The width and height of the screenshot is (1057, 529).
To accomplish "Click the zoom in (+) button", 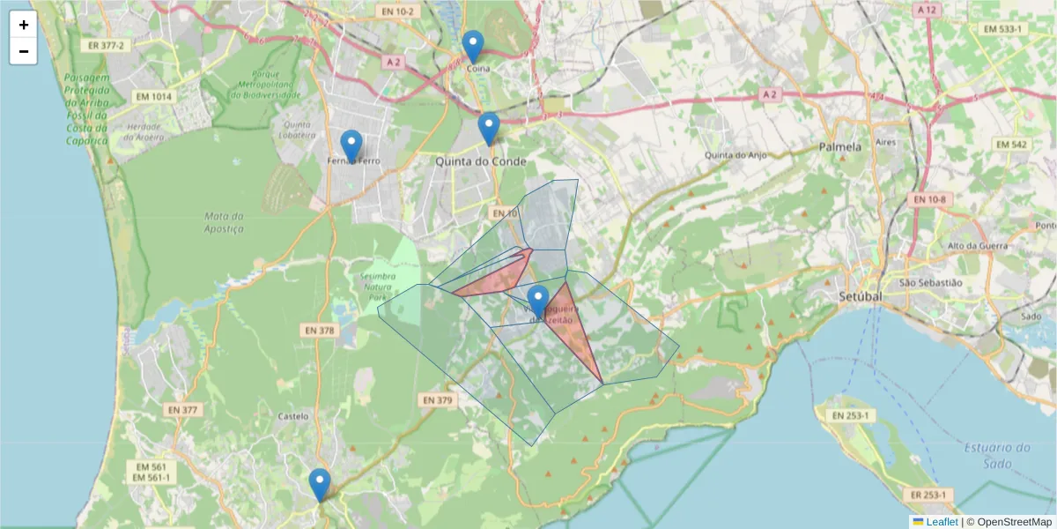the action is tap(24, 25).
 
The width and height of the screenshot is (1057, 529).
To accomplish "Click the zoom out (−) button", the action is tap(24, 51).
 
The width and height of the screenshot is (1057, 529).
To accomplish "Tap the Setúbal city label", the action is tap(861, 296).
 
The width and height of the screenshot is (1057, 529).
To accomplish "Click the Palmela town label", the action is tap(839, 147).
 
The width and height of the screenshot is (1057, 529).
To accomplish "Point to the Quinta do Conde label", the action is tap(481, 162).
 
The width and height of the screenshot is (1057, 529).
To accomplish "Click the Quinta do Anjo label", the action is tap(731, 155).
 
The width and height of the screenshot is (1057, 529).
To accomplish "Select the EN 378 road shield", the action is tap(320, 331).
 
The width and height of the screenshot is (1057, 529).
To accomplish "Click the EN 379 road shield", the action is tap(437, 400).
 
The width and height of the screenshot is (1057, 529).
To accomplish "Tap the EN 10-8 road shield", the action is tap(930, 200).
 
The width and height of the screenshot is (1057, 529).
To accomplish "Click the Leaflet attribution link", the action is tap(942, 522).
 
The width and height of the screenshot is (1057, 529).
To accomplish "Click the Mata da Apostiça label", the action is tap(223, 222).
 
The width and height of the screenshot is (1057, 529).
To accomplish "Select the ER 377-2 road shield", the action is tap(107, 44).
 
